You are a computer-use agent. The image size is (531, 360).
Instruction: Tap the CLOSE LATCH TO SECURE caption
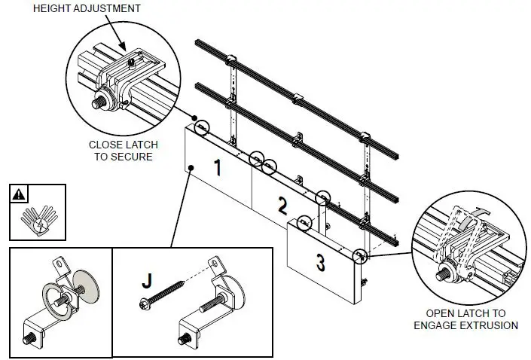point(121,151)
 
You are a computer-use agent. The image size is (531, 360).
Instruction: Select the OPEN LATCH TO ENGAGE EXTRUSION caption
point(465,319)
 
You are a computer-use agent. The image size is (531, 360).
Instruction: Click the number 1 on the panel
point(217,167)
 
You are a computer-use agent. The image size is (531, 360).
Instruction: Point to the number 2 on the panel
point(282,204)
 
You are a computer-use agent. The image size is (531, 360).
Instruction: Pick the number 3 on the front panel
point(320,263)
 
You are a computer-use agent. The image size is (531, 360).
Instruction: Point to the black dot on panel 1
point(192,167)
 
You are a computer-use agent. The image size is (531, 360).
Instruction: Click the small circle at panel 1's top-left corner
point(203,129)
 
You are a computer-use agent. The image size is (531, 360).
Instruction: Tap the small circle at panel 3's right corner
point(361,256)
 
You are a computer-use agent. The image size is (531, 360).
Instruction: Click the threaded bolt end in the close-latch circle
point(99,99)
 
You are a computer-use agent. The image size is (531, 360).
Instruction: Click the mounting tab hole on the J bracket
point(214,263)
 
